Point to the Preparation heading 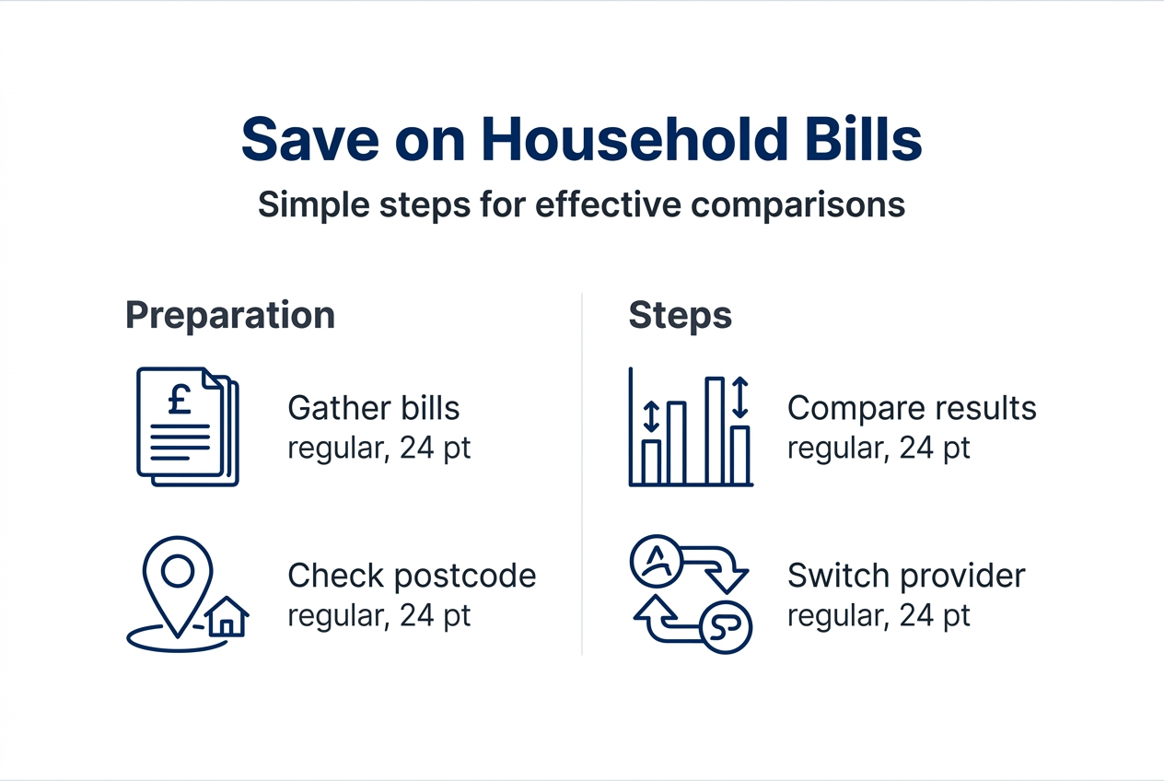230,315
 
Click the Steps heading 680,315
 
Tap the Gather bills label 373,408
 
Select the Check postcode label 412,576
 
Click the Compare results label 912,408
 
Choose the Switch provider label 906,576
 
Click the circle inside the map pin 177,572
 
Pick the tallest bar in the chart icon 715,430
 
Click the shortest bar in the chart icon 652,461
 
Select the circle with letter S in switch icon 727,628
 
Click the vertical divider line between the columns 582,474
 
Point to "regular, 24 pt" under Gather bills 378,449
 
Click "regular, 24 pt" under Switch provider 879,615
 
